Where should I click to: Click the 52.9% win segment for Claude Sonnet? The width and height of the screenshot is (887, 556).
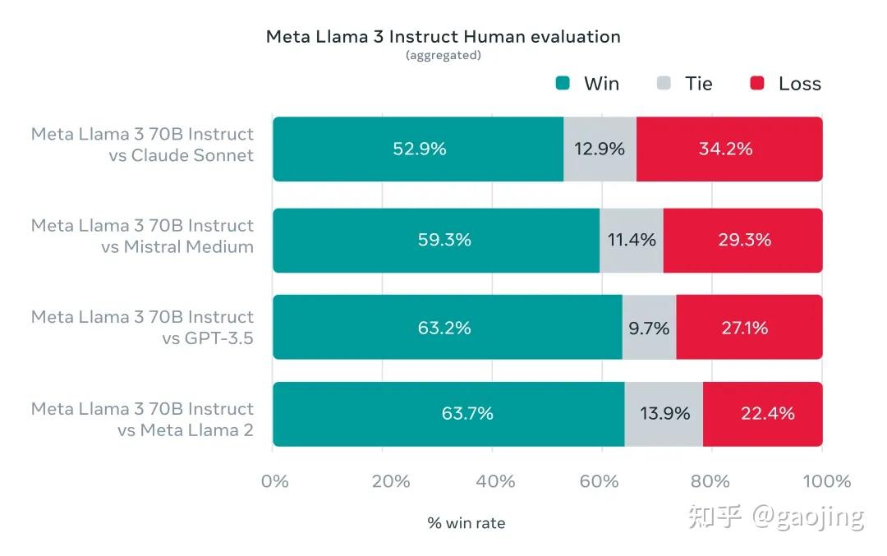pos(418,149)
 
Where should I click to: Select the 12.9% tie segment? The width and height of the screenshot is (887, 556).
pos(600,149)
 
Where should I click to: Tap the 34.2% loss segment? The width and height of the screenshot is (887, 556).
pos(729,149)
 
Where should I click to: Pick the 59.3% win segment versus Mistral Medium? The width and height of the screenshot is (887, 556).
pos(436,240)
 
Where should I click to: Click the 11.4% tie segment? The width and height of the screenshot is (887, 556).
pos(631,240)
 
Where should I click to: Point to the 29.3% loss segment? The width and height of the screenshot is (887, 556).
pos(742,240)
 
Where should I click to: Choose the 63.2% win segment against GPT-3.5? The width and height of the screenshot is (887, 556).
pos(447,328)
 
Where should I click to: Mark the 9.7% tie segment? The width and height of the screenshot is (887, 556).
pos(649,328)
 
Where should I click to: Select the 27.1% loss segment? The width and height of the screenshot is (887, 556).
pos(749,328)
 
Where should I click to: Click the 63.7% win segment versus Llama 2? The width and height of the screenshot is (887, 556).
pos(448,413)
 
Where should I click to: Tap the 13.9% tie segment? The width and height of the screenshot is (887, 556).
pos(664,413)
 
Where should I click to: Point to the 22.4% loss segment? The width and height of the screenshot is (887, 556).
pos(762,413)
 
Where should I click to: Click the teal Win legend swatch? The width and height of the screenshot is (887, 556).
pos(563,83)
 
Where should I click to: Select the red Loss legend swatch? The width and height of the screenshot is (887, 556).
pos(757,83)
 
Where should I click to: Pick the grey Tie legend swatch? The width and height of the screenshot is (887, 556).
pos(664,83)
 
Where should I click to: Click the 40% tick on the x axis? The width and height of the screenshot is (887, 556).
pos(495,481)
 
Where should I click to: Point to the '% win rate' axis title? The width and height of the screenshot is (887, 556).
pos(466,523)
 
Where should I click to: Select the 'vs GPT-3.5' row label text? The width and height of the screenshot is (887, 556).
pos(208,338)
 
